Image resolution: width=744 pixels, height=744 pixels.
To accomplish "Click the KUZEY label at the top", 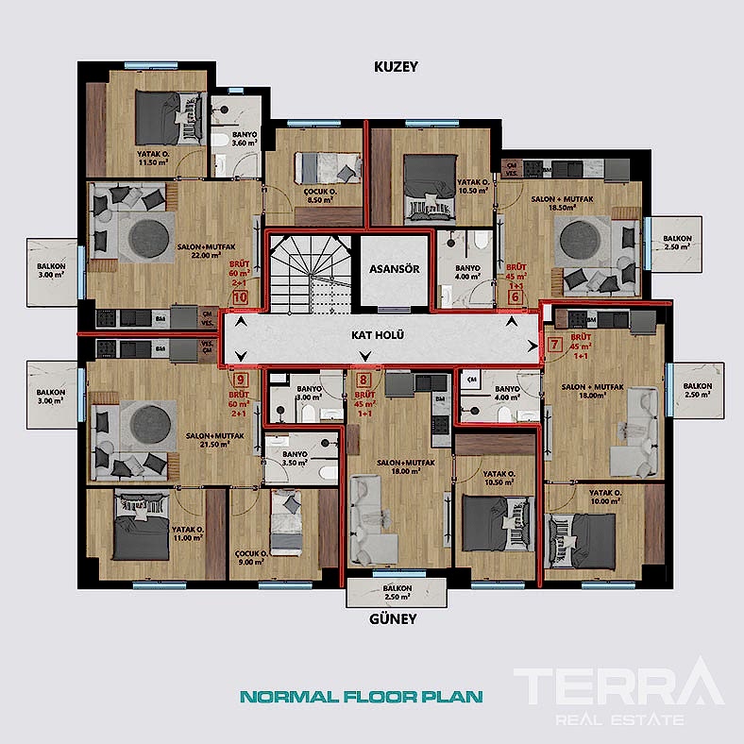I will (395, 67).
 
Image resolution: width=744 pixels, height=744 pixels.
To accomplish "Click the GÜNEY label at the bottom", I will (394, 620).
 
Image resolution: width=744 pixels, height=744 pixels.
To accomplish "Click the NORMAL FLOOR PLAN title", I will (362, 698).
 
